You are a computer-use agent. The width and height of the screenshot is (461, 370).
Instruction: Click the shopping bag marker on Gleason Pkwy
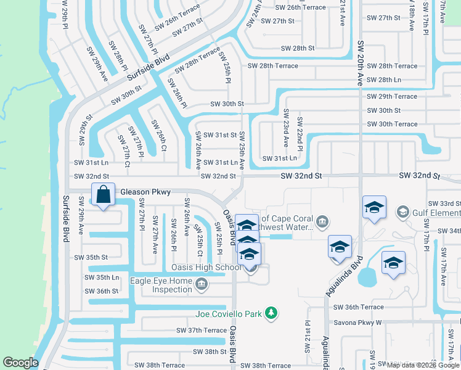pyautogui.click(x=104, y=195)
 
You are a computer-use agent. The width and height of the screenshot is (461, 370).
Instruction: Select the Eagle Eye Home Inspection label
pyautogui.click(x=160, y=285)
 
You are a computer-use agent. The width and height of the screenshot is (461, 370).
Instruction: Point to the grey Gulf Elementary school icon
pyautogui.click(x=403, y=212)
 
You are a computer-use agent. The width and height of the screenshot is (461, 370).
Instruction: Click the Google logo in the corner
pyautogui.click(x=20, y=363)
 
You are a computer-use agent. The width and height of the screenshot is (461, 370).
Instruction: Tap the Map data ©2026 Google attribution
pyautogui.click(x=423, y=365)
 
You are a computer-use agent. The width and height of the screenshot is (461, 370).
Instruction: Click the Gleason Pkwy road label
pyautogui.click(x=145, y=192)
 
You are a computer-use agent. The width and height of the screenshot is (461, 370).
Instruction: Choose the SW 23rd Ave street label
pyautogui.click(x=286, y=128)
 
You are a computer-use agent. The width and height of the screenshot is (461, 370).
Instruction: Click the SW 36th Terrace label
pyautogui.click(x=358, y=307)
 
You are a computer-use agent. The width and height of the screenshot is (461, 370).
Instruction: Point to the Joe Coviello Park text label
pyautogui.click(x=230, y=313)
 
